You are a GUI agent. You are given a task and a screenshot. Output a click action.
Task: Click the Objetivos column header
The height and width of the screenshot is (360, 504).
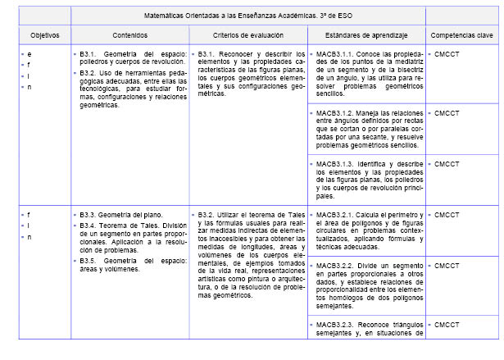[x=34, y=36]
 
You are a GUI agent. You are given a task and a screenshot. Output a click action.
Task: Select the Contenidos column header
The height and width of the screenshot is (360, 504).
[x=129, y=36]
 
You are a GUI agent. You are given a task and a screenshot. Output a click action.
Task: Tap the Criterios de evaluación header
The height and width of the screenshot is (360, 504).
[x=247, y=36]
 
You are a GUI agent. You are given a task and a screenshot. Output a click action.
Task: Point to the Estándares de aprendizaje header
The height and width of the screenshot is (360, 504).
[x=366, y=36]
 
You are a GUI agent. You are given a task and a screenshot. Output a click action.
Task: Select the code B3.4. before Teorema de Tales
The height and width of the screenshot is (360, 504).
[x=90, y=226]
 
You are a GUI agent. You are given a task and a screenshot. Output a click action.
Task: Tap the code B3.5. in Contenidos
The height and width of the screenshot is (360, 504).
[x=90, y=260]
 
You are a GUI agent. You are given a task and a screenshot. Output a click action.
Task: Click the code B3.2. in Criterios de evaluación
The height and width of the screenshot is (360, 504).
[x=208, y=215]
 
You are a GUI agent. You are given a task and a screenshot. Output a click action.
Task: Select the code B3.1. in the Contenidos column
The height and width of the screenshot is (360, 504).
[x=90, y=53]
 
